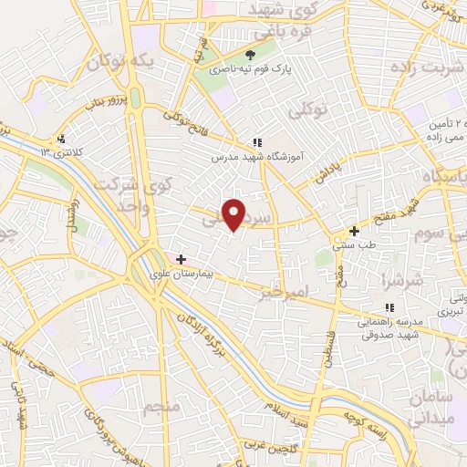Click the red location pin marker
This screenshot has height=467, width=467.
click(x=235, y=214)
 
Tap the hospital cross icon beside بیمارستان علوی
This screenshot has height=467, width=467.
click(x=181, y=260)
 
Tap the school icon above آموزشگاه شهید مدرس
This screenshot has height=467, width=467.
click(x=257, y=142)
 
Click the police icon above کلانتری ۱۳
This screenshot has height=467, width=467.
click(x=60, y=140)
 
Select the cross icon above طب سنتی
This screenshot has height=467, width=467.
click(x=354, y=231)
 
